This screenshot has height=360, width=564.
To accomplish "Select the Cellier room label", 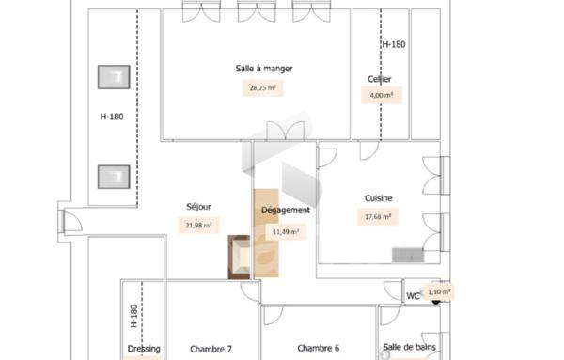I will coord(380,79).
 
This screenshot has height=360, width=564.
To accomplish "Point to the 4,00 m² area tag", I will coord(380,95).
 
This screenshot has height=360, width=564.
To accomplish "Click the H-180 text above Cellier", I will coord(393,44).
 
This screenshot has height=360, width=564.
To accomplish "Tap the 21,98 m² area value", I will coord(198,225).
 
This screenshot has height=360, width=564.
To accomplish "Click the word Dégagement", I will coord(286,210).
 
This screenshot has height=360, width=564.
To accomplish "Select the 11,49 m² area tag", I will coord(286,231).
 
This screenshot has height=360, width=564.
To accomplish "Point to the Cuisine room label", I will coord(379,197).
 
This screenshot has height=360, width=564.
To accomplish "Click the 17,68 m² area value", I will coord(378,216).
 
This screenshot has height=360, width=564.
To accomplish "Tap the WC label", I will coord(413,297).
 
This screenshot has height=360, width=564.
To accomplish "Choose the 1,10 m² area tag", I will coord(439,292).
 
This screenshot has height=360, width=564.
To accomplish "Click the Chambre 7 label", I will coord(211,348).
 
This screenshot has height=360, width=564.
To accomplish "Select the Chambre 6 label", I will coord(318,348).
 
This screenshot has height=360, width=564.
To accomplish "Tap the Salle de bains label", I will coord(410,348).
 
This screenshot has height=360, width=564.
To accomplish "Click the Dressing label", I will coord(143,349).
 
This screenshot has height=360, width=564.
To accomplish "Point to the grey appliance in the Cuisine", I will coord(410,255).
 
